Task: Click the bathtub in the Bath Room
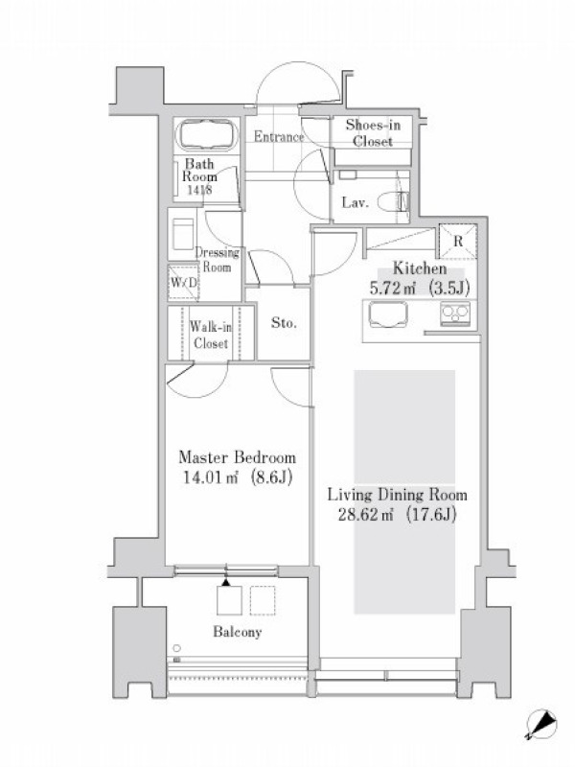[x=207, y=134]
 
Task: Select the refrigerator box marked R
[x=458, y=241]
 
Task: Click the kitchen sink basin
[x=388, y=314]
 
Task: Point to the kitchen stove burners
[x=455, y=314]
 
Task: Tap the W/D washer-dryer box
[x=184, y=282]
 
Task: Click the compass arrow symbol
[x=541, y=725]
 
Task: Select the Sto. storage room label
[x=284, y=323]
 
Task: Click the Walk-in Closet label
[x=211, y=335]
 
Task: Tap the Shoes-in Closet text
[x=373, y=132]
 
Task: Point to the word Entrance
[x=279, y=136]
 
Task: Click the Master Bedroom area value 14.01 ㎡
[x=210, y=476]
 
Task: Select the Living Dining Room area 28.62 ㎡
[x=366, y=515]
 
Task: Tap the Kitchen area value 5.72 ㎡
[x=393, y=289]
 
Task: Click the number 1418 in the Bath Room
[x=199, y=190]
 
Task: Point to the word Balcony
[x=237, y=632]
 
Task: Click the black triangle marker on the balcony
[x=225, y=582]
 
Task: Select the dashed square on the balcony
[x=263, y=600]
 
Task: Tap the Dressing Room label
[x=218, y=260]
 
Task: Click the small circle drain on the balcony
[x=176, y=648]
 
